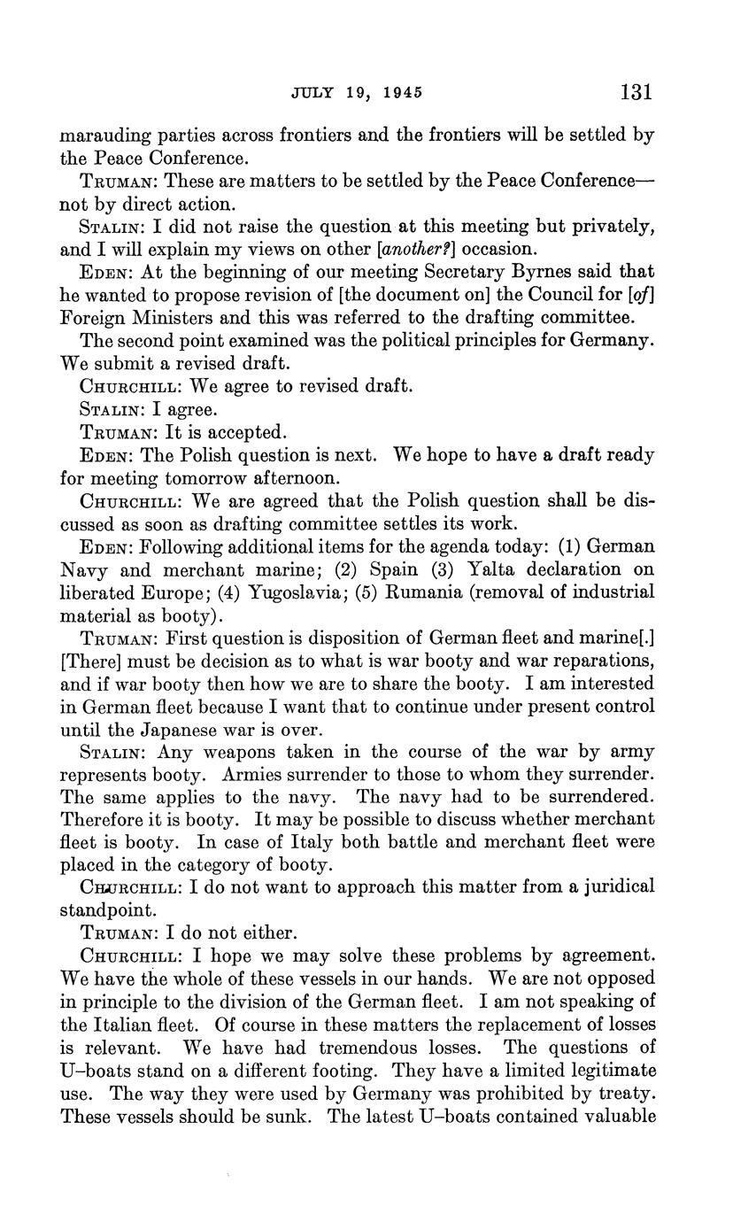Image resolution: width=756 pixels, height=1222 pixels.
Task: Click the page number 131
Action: pos(636,92)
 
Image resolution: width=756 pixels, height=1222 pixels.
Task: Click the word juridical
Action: pos(613,886)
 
